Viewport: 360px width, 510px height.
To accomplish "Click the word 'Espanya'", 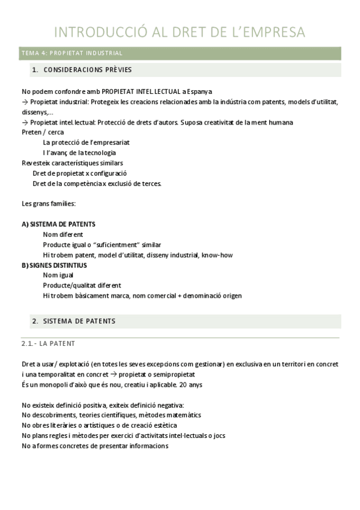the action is tap(198, 91).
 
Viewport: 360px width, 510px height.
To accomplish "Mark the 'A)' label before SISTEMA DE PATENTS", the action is tap(25, 224).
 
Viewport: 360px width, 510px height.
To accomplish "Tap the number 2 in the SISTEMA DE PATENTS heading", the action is tap(34, 321).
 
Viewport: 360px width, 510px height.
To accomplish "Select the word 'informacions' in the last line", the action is tap(148, 446).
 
